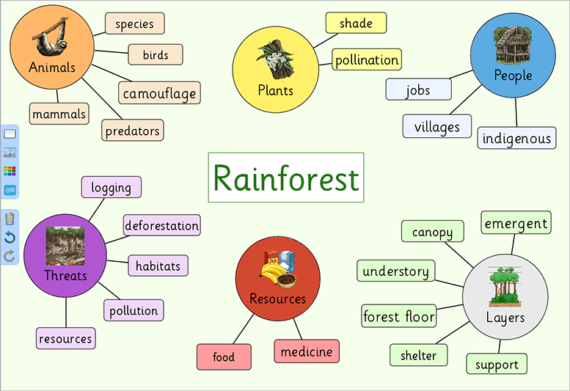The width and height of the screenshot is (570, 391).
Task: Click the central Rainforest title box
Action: [x=285, y=178]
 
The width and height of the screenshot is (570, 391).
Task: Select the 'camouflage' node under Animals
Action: [x=159, y=93]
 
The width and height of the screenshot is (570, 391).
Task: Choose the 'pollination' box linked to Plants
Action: [x=367, y=60]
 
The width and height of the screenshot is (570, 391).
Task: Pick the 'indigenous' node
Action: [x=516, y=138]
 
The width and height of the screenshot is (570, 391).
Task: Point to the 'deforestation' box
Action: [x=161, y=226]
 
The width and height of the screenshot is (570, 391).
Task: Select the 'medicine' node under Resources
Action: [x=307, y=351]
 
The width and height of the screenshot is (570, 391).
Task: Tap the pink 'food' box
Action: [x=224, y=357]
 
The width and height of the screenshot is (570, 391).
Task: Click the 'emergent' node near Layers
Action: [x=516, y=223]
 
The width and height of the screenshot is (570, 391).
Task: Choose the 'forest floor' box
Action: [x=399, y=317]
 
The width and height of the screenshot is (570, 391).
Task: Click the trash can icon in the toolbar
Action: [x=10, y=218]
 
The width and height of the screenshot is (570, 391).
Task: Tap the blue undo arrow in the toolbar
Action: [x=10, y=237]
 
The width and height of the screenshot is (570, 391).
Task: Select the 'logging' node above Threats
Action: [x=111, y=187]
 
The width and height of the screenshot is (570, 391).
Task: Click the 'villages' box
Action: [x=436, y=126]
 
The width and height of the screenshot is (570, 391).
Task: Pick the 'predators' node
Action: [x=132, y=131]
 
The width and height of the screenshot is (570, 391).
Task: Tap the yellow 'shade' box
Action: [x=356, y=23]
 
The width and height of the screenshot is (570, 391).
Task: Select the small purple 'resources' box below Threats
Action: [x=65, y=338]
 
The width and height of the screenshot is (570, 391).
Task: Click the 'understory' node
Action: [x=395, y=271]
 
